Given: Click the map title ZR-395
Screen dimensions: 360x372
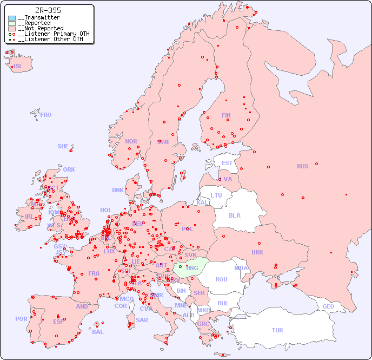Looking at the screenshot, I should [48, 10].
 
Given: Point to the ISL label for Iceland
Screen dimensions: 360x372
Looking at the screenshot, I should [18, 66].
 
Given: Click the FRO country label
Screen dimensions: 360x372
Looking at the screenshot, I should [46, 115].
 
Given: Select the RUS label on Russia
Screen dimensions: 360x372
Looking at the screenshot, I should [302, 166].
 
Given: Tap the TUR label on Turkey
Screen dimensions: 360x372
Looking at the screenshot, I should [277, 330].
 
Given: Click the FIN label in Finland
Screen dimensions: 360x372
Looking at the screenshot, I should [226, 115].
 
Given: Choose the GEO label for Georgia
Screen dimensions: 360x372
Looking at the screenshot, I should [328, 306].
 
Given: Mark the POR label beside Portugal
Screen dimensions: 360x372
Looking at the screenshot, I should [21, 319].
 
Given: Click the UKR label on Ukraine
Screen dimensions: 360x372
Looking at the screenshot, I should [257, 252].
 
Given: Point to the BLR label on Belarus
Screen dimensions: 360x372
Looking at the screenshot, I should [235, 215].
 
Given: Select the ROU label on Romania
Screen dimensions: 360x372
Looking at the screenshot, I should [221, 279].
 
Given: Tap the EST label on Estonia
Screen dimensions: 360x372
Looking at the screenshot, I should [227, 163].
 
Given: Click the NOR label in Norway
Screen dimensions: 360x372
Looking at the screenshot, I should [131, 141].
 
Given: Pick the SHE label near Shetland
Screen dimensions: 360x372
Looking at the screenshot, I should [63, 146].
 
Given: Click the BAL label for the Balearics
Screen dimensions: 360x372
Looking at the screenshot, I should [98, 332].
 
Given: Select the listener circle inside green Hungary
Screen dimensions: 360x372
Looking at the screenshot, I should [180, 266].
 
